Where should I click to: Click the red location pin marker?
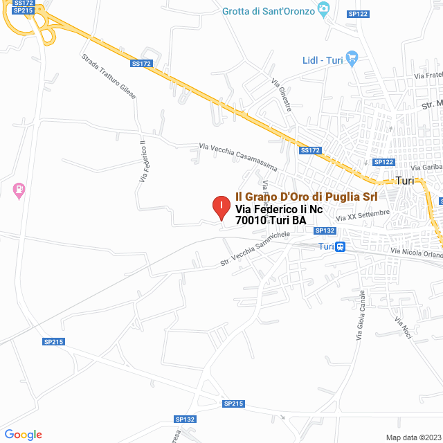coord(221,207)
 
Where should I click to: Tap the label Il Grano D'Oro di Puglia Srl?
coord(307,197)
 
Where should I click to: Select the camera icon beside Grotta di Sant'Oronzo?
coord(323,10)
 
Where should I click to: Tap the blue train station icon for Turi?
coord(341,247)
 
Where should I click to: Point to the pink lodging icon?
coord(19,189)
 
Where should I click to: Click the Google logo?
coord(23,435)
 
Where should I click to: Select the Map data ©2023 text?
coord(412,437)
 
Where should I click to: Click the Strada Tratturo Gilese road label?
coord(109,76)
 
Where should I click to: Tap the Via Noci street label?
coord(403,327)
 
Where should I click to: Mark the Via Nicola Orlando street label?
coord(416,254)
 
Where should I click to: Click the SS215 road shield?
coord(24,10)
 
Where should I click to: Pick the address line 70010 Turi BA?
coord(271,221)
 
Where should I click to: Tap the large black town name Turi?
coord(404,181)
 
